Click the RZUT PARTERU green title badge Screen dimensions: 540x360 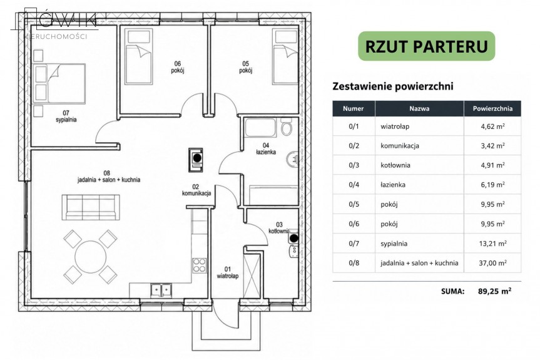coord(426,46)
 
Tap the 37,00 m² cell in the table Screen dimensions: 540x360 coord(492,263)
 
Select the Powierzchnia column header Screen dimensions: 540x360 coord(492,108)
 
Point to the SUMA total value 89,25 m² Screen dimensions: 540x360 coord(494,291)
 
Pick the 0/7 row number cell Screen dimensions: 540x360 coord(354,244)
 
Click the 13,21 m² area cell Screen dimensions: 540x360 coord(492,244)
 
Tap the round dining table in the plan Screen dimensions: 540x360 coord(90,256)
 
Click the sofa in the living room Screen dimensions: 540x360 coord(91,207)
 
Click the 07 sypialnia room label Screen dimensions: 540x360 coord(66,116)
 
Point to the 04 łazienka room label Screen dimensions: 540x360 coord(266,149)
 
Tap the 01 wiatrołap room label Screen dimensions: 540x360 coord(228,272)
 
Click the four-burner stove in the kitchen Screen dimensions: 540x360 coord(200,265)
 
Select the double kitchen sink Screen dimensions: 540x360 coord(161,290)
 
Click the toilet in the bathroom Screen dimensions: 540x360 coord(286,127)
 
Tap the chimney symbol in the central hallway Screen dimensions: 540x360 coord(196,160)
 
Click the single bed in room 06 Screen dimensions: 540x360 coord(138,56)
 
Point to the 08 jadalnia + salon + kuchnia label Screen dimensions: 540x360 coord(109,177)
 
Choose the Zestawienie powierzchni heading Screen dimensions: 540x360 coord(392,86)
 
